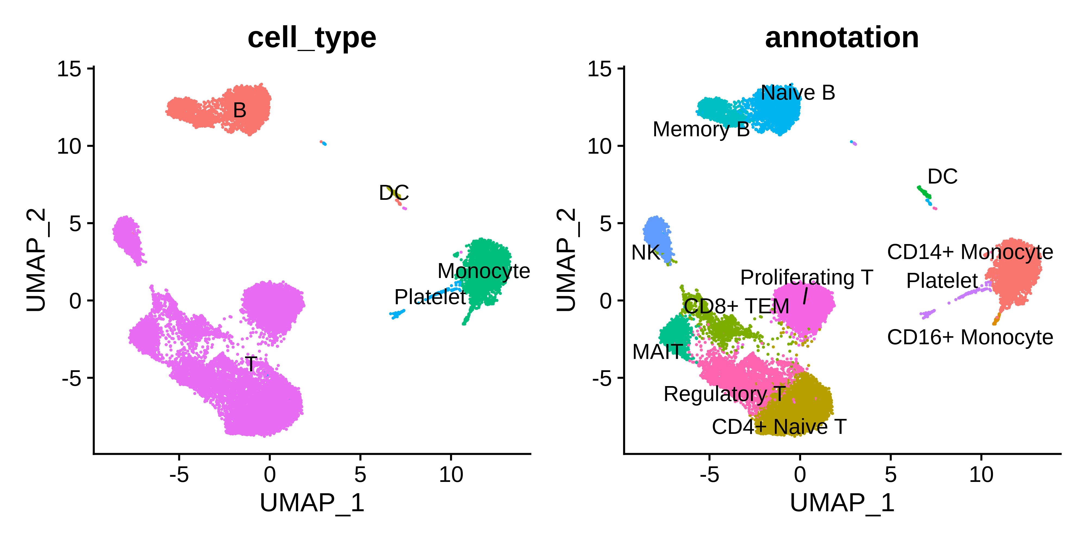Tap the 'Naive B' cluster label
pyautogui.click(x=798, y=93)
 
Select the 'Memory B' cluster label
pyautogui.click(x=701, y=130)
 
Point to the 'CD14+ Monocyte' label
pyautogui.click(x=970, y=252)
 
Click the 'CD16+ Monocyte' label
pyautogui.click(x=970, y=337)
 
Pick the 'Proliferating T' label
pyautogui.click(x=806, y=277)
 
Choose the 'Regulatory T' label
pyautogui.click(x=724, y=394)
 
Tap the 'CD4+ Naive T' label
pyautogui.click(x=779, y=427)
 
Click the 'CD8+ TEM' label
pyautogui.click(x=736, y=306)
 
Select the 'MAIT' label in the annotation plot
pyautogui.click(x=657, y=352)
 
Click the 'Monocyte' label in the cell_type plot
pyautogui.click(x=484, y=271)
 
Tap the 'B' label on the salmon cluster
pyautogui.click(x=240, y=111)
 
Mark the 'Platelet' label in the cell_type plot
pyautogui.click(x=430, y=297)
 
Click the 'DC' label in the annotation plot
pyautogui.click(x=942, y=177)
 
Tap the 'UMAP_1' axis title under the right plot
pyautogui.click(x=842, y=503)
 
